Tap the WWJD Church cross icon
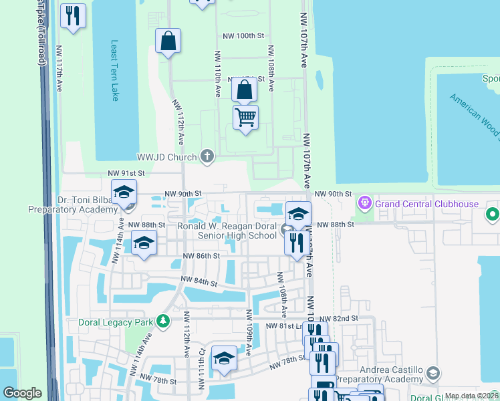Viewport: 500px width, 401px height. coord(207,157)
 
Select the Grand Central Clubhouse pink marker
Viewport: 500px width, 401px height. coord(364,202)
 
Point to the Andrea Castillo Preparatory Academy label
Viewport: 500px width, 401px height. coord(381,374)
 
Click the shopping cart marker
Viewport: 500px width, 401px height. coord(246,118)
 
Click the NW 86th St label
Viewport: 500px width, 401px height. coord(202,256)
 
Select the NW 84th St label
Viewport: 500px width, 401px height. coord(199,282)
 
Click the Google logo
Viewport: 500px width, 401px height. coord(22,394)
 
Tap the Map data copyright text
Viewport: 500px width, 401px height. coord(471,396)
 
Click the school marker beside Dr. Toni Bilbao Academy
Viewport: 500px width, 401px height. coord(124,193)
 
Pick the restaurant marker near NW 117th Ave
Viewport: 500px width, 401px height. coord(73,16)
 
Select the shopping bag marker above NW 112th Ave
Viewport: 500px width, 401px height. coord(168,41)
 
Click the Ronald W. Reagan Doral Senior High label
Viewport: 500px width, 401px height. coord(227,231)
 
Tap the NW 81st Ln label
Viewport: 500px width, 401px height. coord(283,325)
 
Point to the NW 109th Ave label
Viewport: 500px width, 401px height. coord(248,332)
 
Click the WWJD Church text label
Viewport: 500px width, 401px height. coord(167,157)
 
